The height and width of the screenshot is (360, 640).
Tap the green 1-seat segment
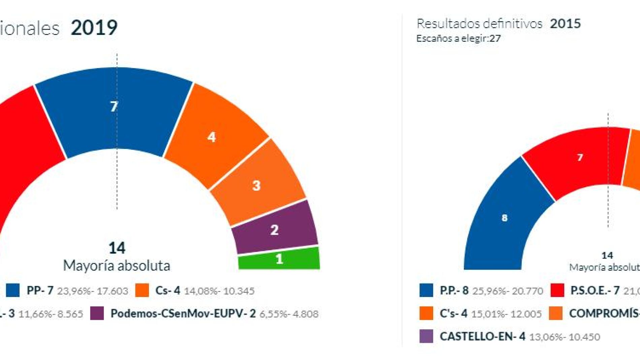(279, 259)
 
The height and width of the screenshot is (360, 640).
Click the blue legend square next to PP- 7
(13, 290)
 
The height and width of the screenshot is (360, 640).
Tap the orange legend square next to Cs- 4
(142, 290)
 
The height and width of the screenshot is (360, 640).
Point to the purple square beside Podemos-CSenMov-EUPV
(97, 314)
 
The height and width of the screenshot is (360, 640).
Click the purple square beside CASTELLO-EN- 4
(426, 336)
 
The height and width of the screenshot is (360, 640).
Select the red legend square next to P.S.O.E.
(557, 290)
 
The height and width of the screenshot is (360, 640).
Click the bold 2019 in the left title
(94, 28)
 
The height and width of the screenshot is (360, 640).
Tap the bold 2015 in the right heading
(565, 24)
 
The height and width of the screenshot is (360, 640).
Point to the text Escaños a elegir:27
(458, 38)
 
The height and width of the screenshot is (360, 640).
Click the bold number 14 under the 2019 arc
(117, 248)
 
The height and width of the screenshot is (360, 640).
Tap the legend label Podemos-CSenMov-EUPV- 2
(183, 314)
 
